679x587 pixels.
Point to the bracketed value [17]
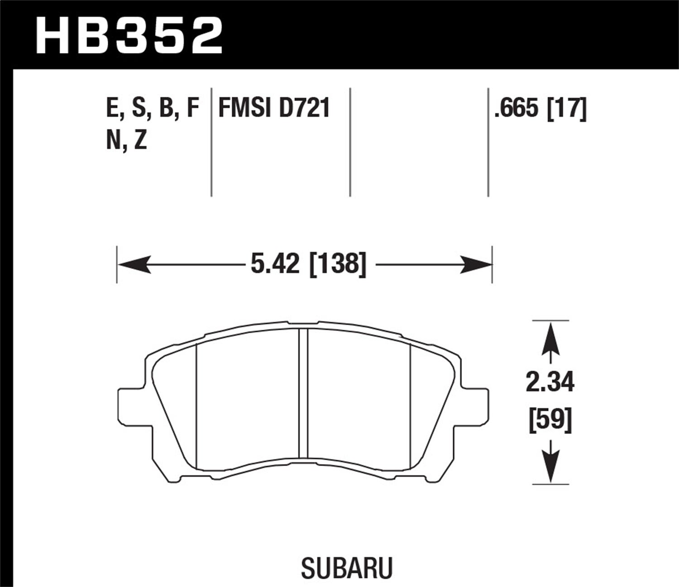[567, 109]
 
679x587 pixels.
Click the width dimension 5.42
[275, 264]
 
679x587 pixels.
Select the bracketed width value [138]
[337, 264]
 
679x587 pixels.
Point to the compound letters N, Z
[127, 141]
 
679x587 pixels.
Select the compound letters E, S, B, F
[153, 109]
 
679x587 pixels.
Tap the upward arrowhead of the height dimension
[550, 338]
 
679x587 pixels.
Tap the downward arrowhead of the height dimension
[550, 467]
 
